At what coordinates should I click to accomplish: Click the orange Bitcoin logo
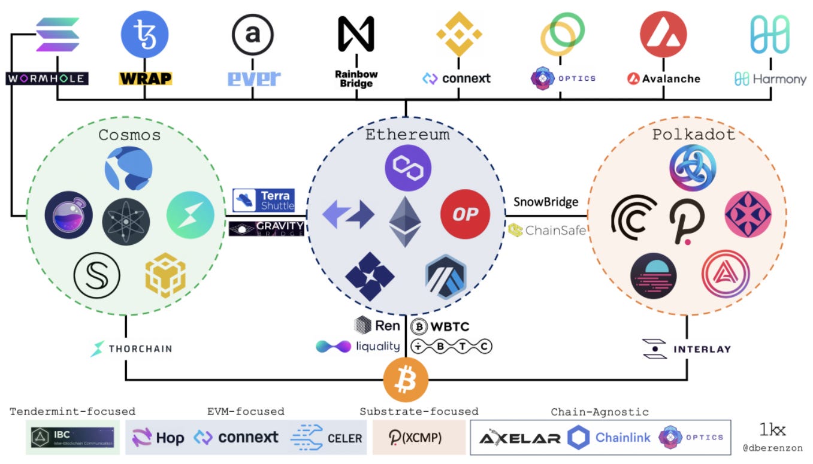click(406, 380)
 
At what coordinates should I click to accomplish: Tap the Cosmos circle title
click(129, 135)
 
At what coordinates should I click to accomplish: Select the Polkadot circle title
click(693, 134)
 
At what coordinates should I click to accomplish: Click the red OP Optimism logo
click(465, 214)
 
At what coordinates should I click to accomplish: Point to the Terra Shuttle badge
click(264, 200)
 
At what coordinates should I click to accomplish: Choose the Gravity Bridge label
click(267, 228)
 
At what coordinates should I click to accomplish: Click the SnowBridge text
click(546, 202)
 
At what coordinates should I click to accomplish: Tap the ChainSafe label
click(546, 229)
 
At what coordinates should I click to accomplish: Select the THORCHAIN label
click(131, 348)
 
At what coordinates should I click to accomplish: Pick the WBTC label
click(440, 326)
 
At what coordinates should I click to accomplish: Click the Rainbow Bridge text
click(356, 78)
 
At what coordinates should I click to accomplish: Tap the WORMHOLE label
click(47, 78)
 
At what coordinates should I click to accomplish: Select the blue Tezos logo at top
click(144, 34)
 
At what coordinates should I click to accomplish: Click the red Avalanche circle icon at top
click(663, 34)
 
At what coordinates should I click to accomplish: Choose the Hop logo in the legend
click(158, 438)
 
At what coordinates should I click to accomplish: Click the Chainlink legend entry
click(608, 438)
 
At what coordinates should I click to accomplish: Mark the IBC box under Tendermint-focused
click(73, 437)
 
